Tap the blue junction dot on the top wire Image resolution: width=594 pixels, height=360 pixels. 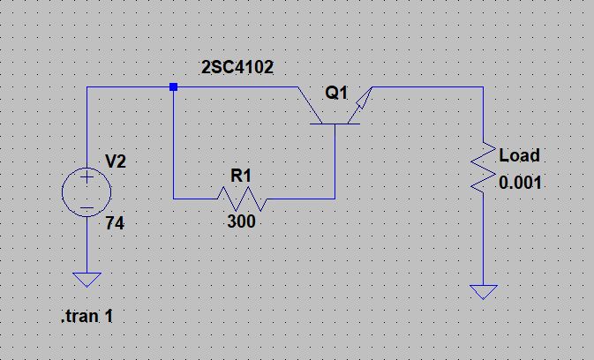pyautogui.click(x=173, y=87)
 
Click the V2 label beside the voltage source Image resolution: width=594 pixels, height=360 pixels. pyautogui.click(x=116, y=161)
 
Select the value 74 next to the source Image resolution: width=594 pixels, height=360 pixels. pyautogui.click(x=115, y=224)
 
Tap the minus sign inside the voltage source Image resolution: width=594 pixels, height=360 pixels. pyautogui.click(x=87, y=208)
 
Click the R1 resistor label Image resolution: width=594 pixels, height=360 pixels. pyautogui.click(x=241, y=176)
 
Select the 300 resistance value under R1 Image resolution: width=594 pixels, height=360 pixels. pyautogui.click(x=241, y=221)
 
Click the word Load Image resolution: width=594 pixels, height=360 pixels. pyautogui.click(x=519, y=156)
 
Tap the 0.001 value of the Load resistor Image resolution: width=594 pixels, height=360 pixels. pyautogui.click(x=521, y=184)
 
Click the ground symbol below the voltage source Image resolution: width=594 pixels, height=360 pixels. pyautogui.click(x=87, y=280)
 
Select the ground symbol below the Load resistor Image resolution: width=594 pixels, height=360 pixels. pyautogui.click(x=484, y=291)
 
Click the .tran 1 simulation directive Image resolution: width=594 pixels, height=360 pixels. pyautogui.click(x=86, y=316)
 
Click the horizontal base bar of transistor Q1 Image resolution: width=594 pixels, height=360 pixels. pyautogui.click(x=335, y=124)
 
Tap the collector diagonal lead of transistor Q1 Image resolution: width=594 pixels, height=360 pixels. pyautogui.click(x=309, y=101)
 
